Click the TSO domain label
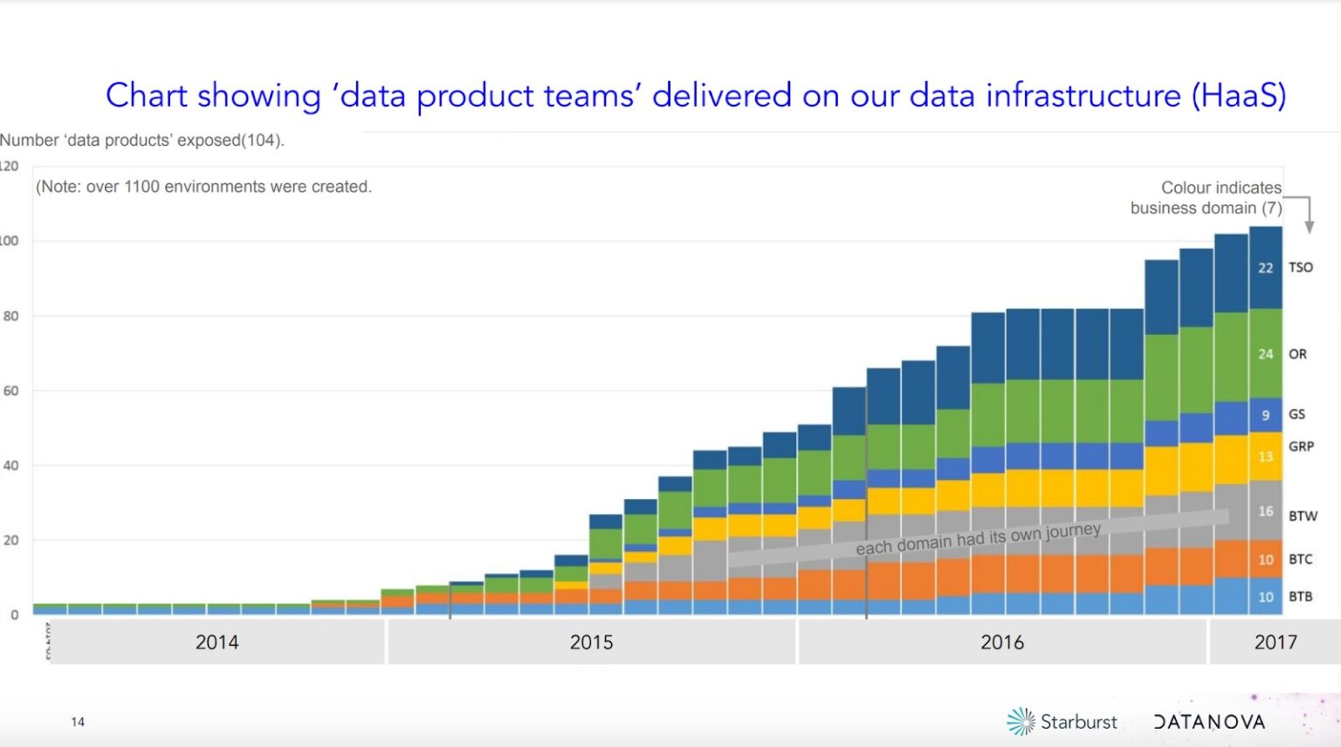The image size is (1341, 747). tap(1300, 267)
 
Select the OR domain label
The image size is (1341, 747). tap(1297, 354)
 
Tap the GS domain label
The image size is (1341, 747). tap(1296, 415)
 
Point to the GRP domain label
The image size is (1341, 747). tap(1301, 447)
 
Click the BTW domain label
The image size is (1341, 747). tap(1303, 516)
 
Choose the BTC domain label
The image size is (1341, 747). tap(1300, 559)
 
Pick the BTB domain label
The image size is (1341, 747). tap(1300, 597)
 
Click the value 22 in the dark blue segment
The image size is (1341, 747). tap(1265, 268)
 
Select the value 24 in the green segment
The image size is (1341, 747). tap(1265, 354)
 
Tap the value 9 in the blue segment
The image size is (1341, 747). tap(1265, 415)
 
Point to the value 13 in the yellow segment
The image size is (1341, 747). tap(1265, 456)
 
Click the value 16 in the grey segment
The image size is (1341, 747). tap(1265, 511)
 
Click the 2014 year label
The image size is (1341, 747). tap(217, 642)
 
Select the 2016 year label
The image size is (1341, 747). tap(1001, 642)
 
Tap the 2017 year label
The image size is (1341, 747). tap(1276, 642)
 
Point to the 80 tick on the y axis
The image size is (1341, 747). tap(10, 316)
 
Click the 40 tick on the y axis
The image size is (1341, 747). tap(10, 465)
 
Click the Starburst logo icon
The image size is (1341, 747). tap(1021, 722)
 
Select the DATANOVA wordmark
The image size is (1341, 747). tap(1209, 722)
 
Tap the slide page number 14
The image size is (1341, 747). tap(78, 722)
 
